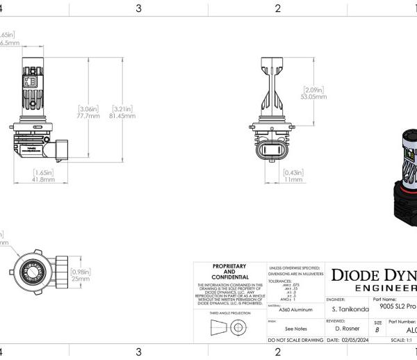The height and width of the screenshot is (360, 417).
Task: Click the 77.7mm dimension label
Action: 89,116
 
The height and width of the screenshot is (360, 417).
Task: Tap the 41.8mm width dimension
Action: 44,179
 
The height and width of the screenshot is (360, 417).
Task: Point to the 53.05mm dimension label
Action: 314,97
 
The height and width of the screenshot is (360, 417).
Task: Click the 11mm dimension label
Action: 293,179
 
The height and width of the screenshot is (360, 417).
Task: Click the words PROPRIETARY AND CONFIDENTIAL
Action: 229,272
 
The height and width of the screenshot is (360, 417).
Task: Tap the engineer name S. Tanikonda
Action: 346,308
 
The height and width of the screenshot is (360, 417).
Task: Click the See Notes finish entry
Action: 295,329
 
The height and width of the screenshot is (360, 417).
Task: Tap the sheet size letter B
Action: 378,331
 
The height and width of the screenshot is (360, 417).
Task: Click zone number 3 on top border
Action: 139,8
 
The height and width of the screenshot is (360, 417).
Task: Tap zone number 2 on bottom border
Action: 277,352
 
